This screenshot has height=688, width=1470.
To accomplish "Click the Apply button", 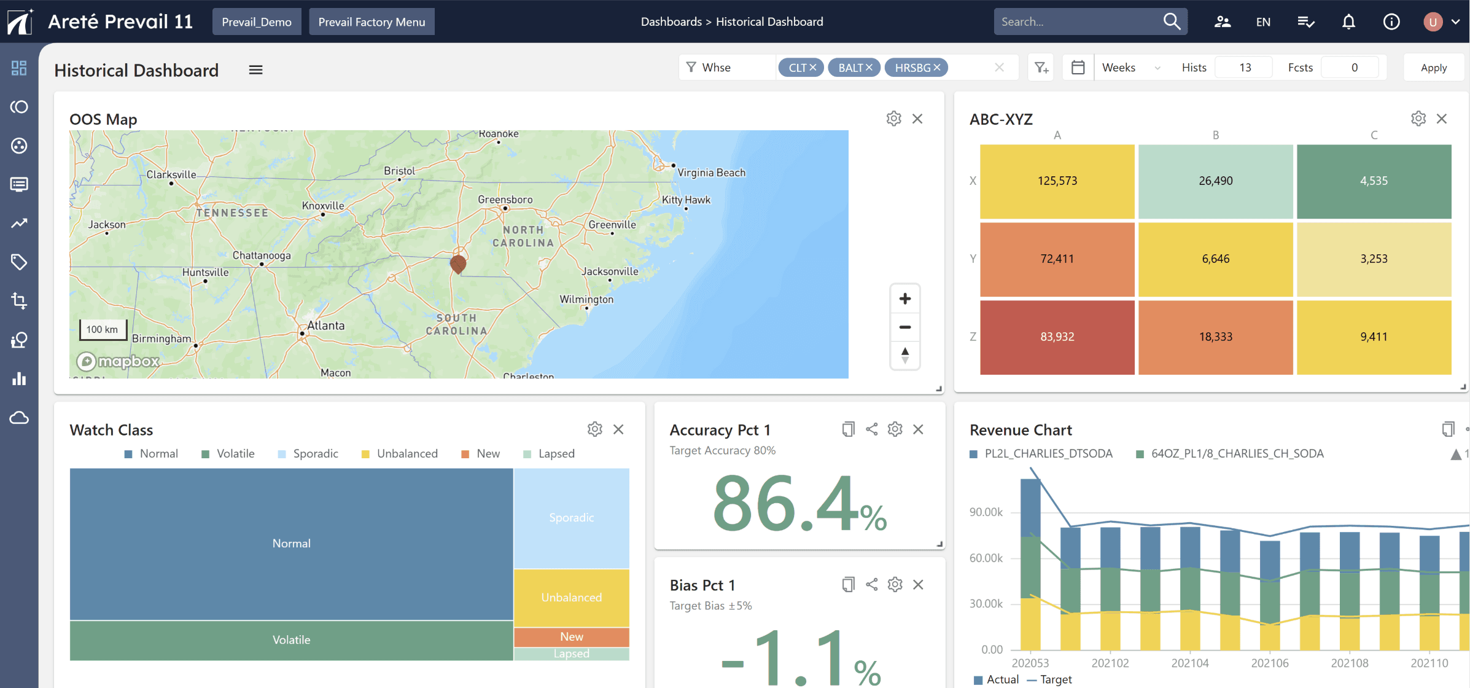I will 1433,68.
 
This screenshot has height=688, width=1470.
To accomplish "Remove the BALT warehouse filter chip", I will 869,68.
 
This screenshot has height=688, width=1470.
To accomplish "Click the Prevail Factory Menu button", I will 371,22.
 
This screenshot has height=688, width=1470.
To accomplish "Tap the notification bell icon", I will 1348,22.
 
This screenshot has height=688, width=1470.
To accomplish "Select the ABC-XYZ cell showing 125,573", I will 1057,181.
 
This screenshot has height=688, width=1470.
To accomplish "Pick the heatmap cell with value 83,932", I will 1057,337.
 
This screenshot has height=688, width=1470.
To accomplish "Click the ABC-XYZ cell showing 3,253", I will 1374,259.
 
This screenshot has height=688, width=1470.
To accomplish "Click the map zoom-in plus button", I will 904,299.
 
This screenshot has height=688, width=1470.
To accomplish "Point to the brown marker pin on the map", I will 458,264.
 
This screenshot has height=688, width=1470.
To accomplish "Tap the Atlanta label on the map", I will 325,326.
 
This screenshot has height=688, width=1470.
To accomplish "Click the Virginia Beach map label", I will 711,173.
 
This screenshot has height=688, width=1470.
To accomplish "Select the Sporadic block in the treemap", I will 571,517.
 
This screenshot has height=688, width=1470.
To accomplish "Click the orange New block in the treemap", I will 571,636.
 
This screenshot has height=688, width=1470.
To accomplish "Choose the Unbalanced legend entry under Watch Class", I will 399,453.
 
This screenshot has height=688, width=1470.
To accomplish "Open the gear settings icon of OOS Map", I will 893,119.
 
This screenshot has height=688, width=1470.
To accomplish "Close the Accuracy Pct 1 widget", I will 918,429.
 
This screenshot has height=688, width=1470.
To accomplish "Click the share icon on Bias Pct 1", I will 871,584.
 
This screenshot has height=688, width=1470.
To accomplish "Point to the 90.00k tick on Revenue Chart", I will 986,512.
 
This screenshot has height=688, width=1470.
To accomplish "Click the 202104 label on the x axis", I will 1189,663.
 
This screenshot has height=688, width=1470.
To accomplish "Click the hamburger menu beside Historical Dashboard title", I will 255,70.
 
